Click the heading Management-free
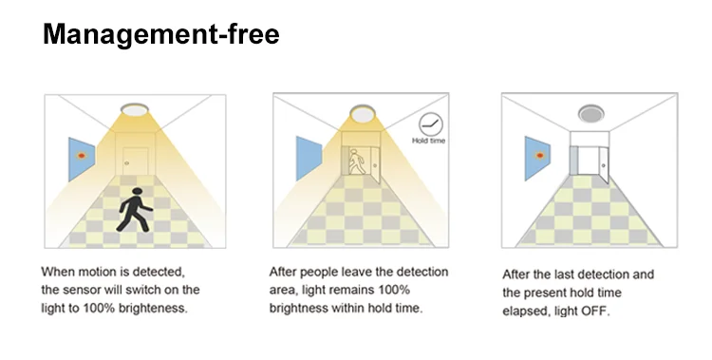point(161,35)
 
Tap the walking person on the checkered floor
point(135,210)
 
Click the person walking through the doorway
point(356,162)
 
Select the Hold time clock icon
point(430,124)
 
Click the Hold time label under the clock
point(429,141)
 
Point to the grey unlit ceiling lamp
point(590,113)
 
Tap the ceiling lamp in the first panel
point(135,109)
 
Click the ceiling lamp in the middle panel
point(363,113)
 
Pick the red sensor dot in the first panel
point(82,156)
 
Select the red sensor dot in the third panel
point(539,156)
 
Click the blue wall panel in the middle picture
point(309,158)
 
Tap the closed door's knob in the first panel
point(126,162)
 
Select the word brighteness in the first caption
point(153,308)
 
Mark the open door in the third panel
point(604,165)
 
